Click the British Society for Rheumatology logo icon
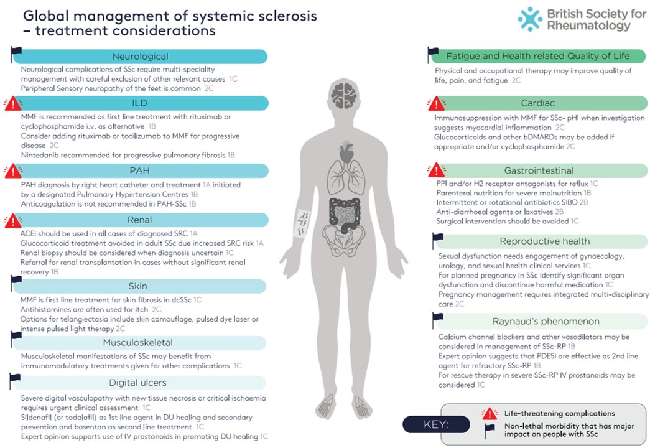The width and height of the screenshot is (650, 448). coord(530,19)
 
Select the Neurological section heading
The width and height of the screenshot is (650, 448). coord(140,57)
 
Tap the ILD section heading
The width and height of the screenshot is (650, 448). coord(140,103)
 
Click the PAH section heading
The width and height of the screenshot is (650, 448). coord(140,170)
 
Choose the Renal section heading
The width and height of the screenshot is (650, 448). coord(140,220)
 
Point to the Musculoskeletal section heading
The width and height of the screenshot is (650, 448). coord(137,343)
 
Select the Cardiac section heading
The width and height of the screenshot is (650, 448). coord(539,103)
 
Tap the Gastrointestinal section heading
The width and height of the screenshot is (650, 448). coord(539,170)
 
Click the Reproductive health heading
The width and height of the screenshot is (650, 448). coord(544,241)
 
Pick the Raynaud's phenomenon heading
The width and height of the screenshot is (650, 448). coord(544,321)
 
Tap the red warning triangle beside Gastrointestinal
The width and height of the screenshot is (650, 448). coord(437,170)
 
